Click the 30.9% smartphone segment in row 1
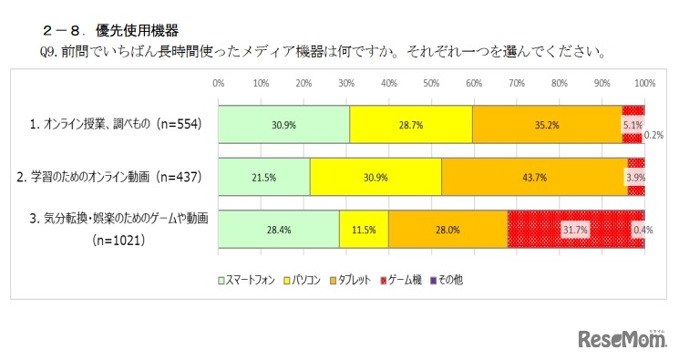click(x=283, y=124)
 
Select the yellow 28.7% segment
click(x=410, y=124)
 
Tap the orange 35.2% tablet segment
click(x=547, y=124)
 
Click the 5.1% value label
click(x=633, y=124)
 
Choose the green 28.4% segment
click(x=279, y=230)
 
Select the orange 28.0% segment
click(x=448, y=230)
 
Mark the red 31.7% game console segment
click(x=575, y=230)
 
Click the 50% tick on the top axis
click(x=431, y=83)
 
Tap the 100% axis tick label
click(x=644, y=83)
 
